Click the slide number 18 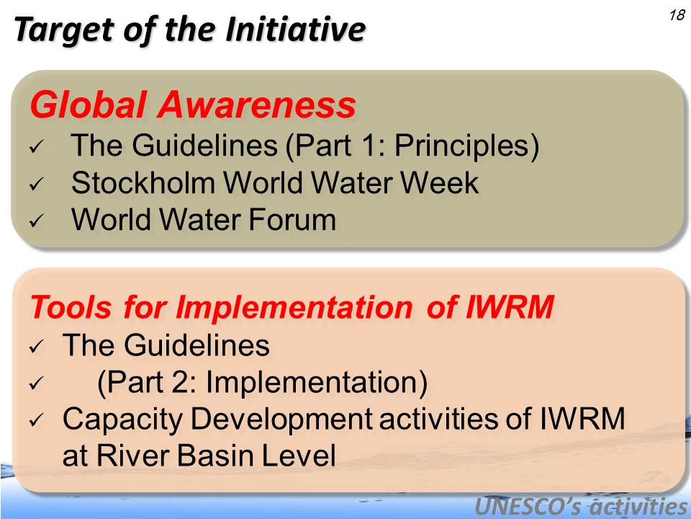tap(677, 15)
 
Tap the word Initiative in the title tap(296, 29)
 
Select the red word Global tap(88, 105)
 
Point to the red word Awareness tap(257, 105)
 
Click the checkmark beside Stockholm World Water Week tap(36, 184)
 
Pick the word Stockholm tap(143, 182)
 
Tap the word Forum tap(292, 219)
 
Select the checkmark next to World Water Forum tap(36, 221)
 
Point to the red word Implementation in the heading tap(294, 307)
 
